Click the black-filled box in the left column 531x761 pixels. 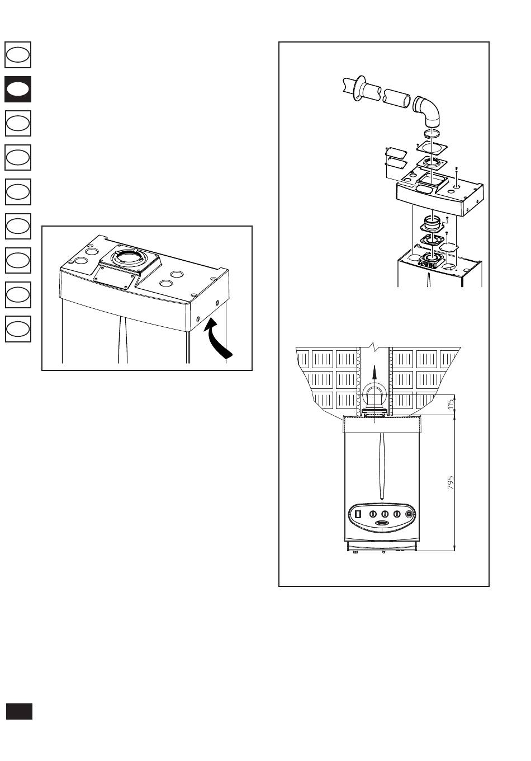coord(18,89)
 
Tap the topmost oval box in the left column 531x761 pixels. coord(18,55)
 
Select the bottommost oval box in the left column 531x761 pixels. coord(18,329)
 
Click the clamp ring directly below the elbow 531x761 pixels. coord(433,133)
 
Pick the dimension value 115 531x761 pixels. coord(451,404)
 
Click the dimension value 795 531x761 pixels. coord(451,482)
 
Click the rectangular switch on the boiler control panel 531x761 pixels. coord(358,514)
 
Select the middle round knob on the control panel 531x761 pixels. coord(385,514)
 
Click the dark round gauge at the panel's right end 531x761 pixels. coord(409,514)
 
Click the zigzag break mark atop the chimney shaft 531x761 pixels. coord(373,346)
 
